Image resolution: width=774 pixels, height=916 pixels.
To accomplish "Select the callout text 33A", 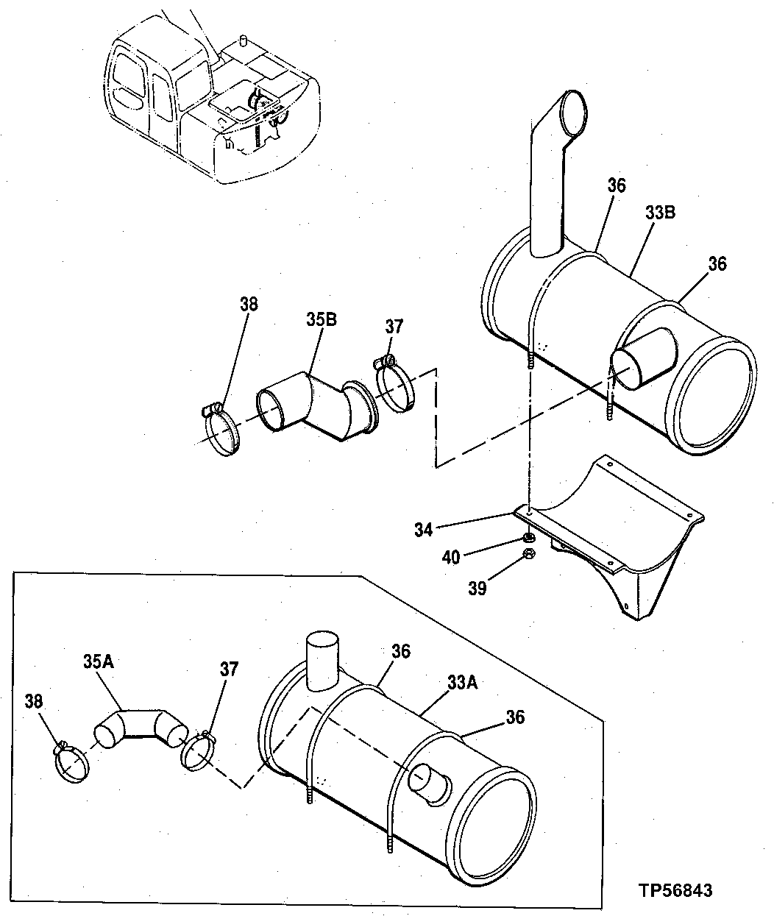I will tap(461, 683).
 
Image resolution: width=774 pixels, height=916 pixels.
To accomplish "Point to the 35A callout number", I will tap(97, 661).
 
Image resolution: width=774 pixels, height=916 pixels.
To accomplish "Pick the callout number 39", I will tap(477, 589).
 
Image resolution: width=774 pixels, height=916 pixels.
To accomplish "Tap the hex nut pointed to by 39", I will tap(528, 555).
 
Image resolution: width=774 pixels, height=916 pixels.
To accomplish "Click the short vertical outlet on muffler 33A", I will tap(322, 659).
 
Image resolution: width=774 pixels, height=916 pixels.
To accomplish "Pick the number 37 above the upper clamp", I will tap(394, 326).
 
